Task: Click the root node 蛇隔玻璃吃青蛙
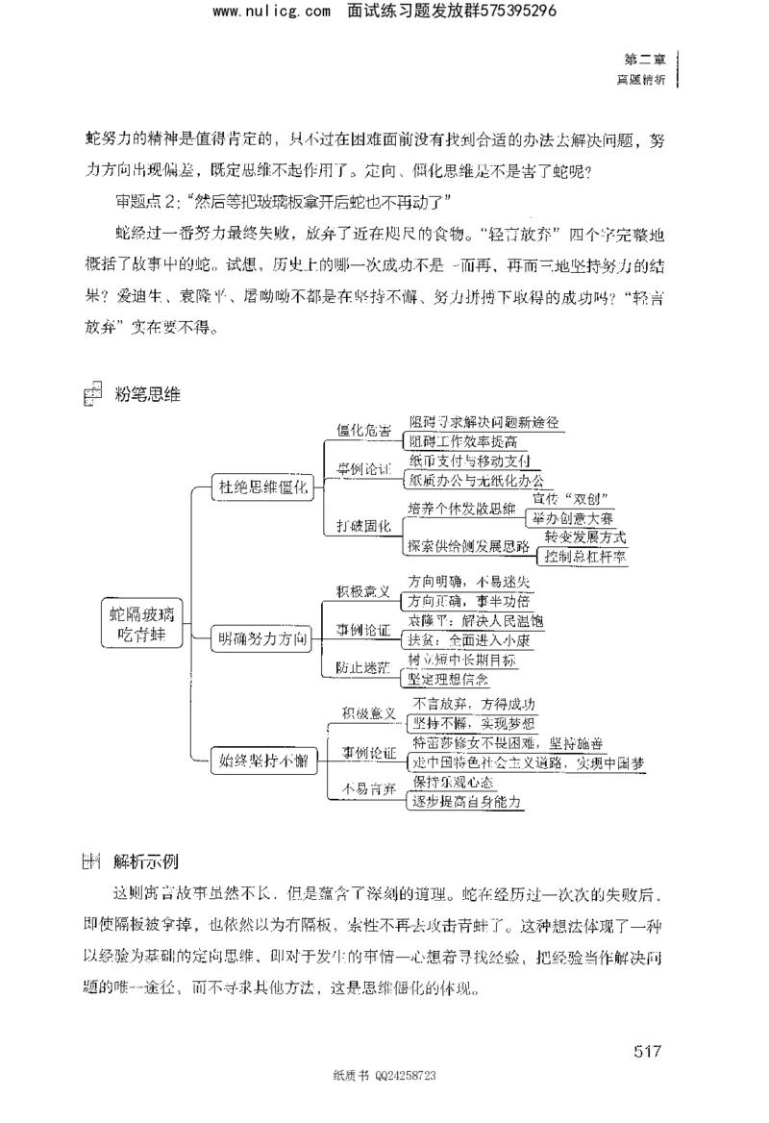[143, 626]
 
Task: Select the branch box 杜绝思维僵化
[262, 488]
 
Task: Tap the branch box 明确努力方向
[262, 636]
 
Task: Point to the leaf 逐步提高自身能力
[466, 801]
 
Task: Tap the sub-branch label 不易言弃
[363, 790]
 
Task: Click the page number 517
[648, 1050]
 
